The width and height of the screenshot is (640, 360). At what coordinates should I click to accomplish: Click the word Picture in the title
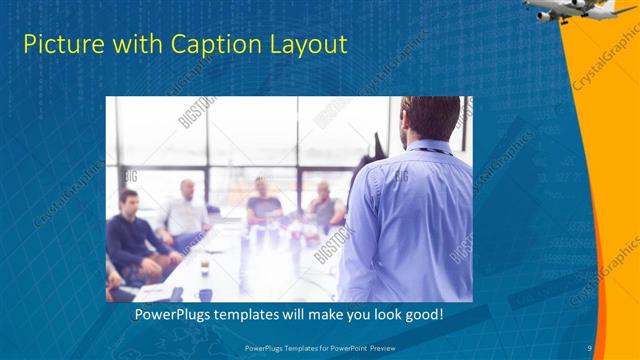pos(58,45)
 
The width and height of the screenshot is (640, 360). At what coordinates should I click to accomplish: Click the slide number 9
pos(590,347)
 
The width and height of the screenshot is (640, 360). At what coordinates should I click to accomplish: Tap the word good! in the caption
pos(423,315)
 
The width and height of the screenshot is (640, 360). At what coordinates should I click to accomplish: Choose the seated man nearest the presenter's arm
pos(325,205)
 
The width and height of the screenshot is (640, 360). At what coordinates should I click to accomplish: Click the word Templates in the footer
pos(305,347)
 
